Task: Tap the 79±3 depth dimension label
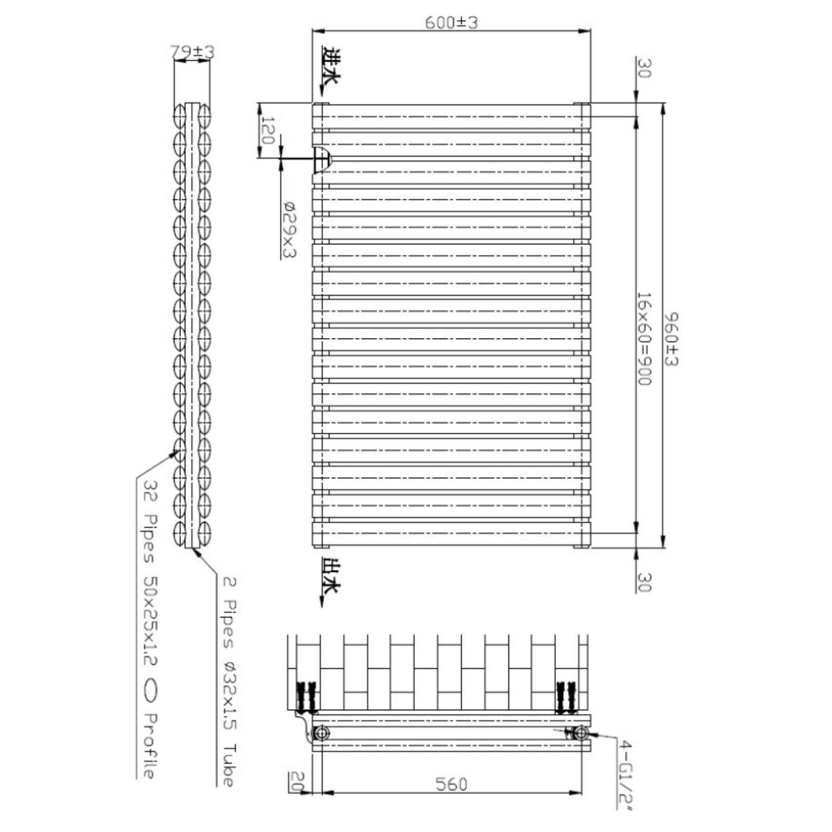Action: pyautogui.click(x=192, y=51)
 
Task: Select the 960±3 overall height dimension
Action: pyautogui.click(x=671, y=339)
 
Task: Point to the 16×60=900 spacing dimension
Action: pyautogui.click(x=644, y=339)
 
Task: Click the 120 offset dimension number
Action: pyautogui.click(x=266, y=131)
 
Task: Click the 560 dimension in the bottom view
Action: pyautogui.click(x=451, y=784)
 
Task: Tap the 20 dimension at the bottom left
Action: pyautogui.click(x=296, y=781)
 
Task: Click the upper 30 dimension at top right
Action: pyautogui.click(x=644, y=68)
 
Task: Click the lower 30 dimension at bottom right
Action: pyautogui.click(x=644, y=582)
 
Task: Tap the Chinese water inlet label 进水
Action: pyautogui.click(x=331, y=66)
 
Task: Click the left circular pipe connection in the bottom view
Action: pyautogui.click(x=321, y=733)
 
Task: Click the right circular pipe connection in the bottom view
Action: pyautogui.click(x=581, y=733)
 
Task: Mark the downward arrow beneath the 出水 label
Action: pyautogui.click(x=322, y=601)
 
